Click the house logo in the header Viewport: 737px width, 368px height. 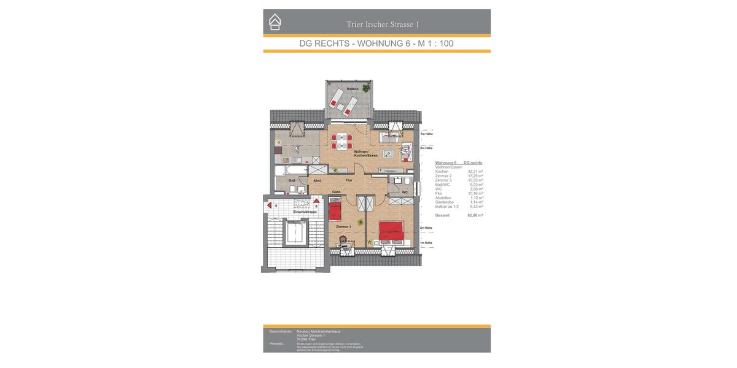coord(275,22)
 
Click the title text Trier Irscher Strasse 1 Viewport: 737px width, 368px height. coord(383,25)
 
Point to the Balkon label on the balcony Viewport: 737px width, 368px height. coord(353,89)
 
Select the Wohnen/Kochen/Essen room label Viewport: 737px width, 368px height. coord(365,153)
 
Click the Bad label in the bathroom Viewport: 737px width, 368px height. coord(292,180)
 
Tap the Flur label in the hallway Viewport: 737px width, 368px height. coord(349,180)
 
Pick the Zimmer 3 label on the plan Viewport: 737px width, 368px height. coord(343,227)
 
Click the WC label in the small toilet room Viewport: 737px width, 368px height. coord(405,193)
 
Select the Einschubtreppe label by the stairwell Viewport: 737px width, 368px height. coord(305,212)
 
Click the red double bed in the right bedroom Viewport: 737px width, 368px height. coord(391,231)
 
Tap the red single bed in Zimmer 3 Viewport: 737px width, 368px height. coord(335,212)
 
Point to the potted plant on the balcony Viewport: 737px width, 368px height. coord(367,88)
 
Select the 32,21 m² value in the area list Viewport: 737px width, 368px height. coord(475,172)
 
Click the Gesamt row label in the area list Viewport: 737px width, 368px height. coord(442,215)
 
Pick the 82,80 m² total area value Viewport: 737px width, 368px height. coord(475,215)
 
